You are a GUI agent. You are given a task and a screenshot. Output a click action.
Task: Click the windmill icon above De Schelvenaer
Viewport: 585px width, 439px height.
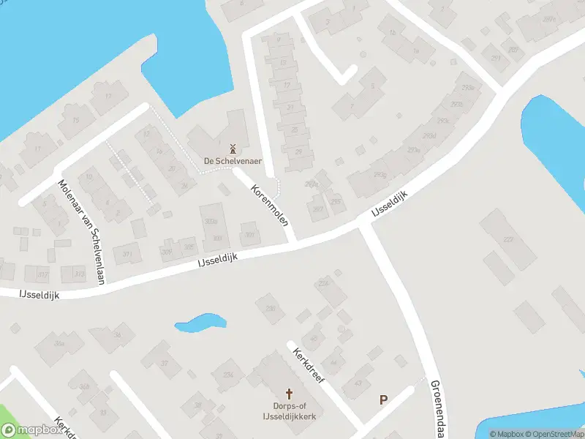click(x=233, y=149)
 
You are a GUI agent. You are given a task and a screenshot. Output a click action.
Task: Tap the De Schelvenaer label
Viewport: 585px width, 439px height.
click(x=233, y=161)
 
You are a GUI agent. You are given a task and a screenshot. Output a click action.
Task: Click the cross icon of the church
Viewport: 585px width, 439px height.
click(x=288, y=394)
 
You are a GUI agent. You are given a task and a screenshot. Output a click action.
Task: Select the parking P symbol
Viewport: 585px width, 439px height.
click(x=382, y=399)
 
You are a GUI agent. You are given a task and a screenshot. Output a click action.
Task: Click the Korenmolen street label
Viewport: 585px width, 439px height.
click(x=269, y=205)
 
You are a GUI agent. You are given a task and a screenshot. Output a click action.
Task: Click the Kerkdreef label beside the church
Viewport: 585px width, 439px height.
click(x=308, y=364)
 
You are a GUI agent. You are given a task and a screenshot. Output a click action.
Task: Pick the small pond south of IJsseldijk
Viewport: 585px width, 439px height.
click(x=200, y=322)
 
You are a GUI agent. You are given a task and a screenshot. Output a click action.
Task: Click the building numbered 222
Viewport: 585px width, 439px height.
click(x=508, y=239)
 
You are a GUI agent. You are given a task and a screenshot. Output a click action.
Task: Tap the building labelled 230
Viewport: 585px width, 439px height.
click(x=271, y=309)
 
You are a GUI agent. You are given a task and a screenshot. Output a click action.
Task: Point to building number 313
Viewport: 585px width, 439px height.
click(x=79, y=273)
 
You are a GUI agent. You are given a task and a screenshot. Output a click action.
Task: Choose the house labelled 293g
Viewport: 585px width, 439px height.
click(x=380, y=175)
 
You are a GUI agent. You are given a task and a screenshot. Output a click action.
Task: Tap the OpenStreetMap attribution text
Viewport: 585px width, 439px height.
click(x=556, y=434)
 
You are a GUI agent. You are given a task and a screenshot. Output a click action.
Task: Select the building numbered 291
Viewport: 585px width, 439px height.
click(x=497, y=58)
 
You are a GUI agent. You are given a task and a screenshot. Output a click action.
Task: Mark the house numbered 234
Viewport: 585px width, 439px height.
click(x=228, y=375)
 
